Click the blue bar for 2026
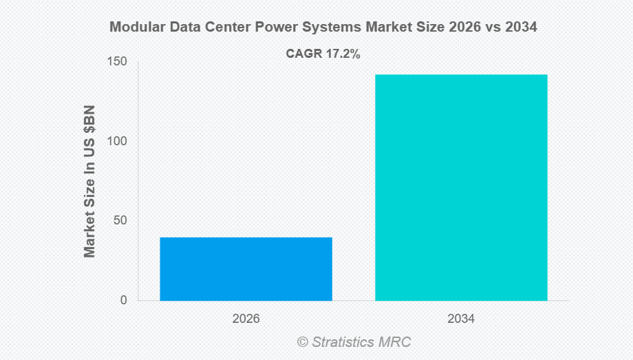(x=246, y=268)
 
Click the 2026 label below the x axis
(x=246, y=319)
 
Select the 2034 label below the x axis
(x=461, y=319)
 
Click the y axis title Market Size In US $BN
(x=89, y=181)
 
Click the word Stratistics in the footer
(x=344, y=341)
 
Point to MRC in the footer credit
(x=397, y=341)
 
